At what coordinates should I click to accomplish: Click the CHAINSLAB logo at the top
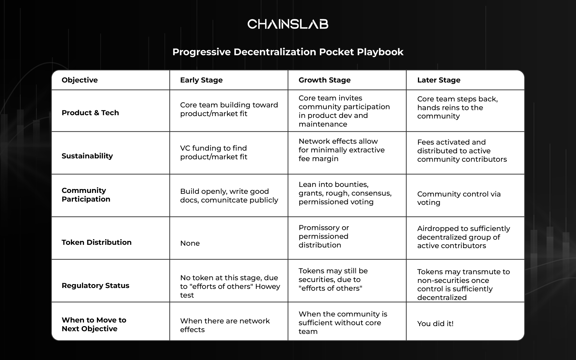(288, 24)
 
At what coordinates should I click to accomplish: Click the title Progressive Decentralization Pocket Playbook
(288, 52)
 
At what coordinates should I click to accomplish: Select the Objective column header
(80, 80)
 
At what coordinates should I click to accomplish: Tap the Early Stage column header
(201, 80)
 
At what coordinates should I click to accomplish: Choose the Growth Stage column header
(325, 80)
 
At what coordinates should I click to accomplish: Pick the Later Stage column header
(439, 80)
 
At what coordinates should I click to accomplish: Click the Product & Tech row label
(90, 113)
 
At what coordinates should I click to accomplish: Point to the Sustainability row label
(87, 156)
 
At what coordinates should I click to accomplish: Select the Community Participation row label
(86, 195)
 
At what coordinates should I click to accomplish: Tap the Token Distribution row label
(97, 242)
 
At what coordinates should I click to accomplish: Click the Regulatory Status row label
(95, 286)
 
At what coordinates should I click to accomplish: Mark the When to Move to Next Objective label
(94, 324)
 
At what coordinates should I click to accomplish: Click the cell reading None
(190, 243)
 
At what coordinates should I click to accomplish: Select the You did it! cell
(435, 324)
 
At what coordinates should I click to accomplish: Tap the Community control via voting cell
(459, 198)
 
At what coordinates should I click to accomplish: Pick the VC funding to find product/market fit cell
(214, 152)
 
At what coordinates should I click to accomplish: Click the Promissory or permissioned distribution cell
(324, 236)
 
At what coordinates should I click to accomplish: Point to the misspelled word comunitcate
(219, 200)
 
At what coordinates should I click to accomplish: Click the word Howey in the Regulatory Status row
(268, 286)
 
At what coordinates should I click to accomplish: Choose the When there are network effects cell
(225, 325)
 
